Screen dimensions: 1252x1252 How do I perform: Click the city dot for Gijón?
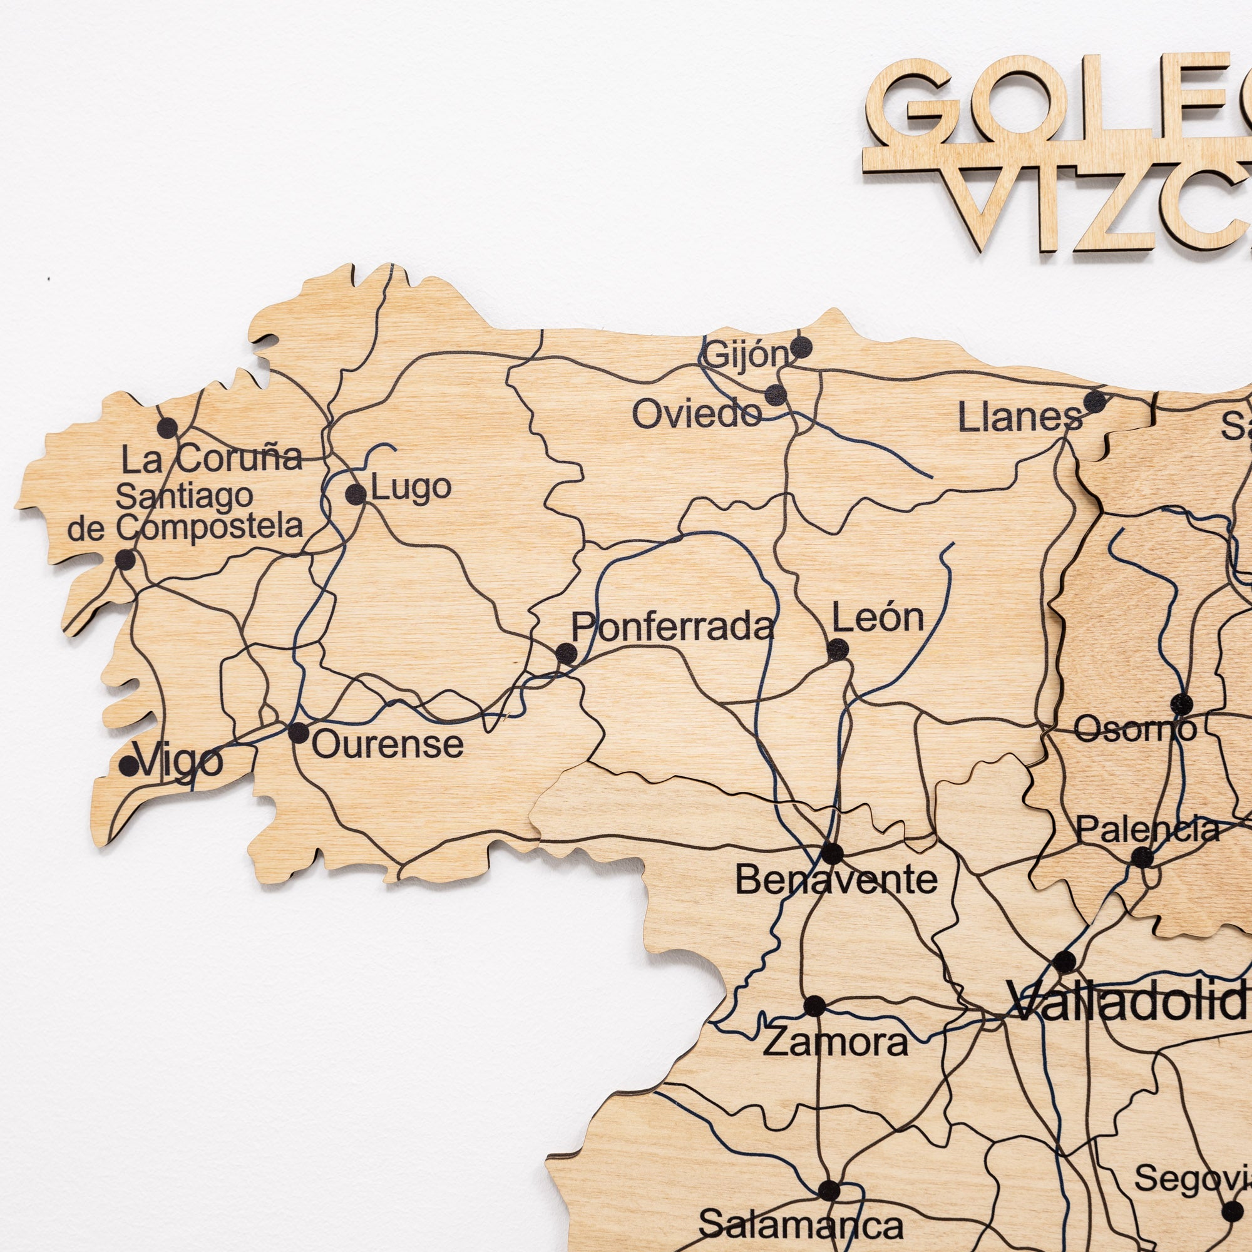coord(801,347)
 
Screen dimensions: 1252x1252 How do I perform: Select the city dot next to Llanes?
coord(1094,401)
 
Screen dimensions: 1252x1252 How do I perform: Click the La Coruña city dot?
coord(167,427)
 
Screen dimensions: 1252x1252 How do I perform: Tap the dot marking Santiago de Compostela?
coord(125,559)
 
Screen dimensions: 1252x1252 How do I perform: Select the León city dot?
coord(837,649)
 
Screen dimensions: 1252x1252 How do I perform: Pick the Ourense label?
coord(387,744)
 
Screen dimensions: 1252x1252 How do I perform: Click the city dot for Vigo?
coord(130,766)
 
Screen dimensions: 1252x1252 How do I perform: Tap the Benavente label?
coord(836,880)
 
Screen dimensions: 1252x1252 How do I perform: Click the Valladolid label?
coord(1127,1002)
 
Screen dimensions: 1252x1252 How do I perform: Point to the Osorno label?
coord(1135,730)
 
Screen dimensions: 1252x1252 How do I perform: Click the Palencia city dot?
coord(1142,857)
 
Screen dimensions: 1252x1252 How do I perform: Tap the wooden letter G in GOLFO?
coord(907,104)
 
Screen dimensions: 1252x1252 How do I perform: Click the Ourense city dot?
coord(298,733)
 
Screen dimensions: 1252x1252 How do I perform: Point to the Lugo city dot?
coord(355,495)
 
